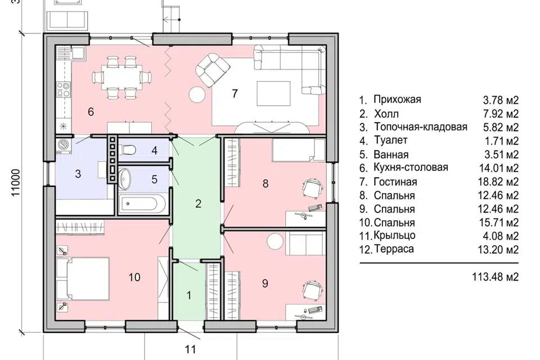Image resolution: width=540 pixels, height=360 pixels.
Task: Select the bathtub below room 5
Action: [142, 204]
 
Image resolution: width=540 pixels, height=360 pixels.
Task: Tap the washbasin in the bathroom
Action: [124, 179]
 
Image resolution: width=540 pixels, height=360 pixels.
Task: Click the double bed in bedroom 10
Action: [83, 278]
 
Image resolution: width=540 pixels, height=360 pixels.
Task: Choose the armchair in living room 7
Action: [213, 70]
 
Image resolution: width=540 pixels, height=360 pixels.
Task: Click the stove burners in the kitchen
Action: [64, 89]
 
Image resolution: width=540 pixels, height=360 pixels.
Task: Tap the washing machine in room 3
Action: [63, 146]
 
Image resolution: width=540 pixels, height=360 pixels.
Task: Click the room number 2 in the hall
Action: [198, 204]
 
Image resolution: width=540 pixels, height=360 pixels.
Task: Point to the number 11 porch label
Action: [190, 349]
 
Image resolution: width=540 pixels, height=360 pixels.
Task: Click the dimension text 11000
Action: [16, 183]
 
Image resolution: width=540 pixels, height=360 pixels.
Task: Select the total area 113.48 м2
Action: [495, 277]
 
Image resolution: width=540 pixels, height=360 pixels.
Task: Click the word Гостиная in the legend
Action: [395, 182]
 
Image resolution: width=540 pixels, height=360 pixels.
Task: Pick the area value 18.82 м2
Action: [498, 182]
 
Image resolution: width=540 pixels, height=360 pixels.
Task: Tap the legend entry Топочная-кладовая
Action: [421, 127]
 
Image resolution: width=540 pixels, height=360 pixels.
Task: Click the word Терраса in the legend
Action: [394, 249]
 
